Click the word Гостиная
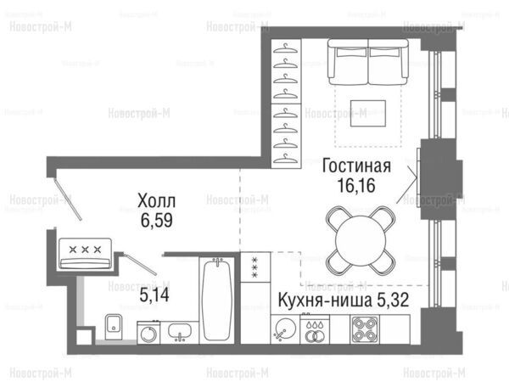pyautogui.click(x=356, y=166)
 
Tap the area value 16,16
pyautogui.click(x=356, y=185)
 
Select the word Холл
pyautogui.click(x=156, y=200)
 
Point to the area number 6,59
pyautogui.click(x=156, y=220)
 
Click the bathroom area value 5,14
pyautogui.click(x=154, y=295)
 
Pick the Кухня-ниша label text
pyautogui.click(x=325, y=301)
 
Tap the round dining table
pyautogui.click(x=361, y=241)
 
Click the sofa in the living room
pyautogui.click(x=368, y=62)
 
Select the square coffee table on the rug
pyautogui.click(x=368, y=114)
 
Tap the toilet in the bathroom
pyautogui.click(x=114, y=327)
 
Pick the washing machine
pyautogui.click(x=148, y=333)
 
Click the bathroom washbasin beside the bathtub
pyautogui.click(x=180, y=332)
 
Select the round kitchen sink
pyautogui.click(x=285, y=329)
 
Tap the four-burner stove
pyautogui.click(x=365, y=329)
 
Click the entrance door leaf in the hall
pyautogui.click(x=68, y=199)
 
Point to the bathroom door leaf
pyautogui.click(x=141, y=264)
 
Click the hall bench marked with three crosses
pyautogui.click(x=86, y=254)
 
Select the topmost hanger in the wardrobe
pyautogui.click(x=285, y=48)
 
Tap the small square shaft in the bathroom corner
pyautogui.click(x=83, y=337)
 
